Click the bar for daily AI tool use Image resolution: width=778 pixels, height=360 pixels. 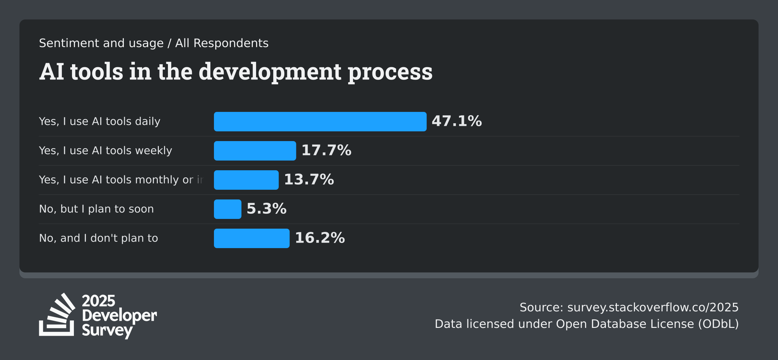pos(320,122)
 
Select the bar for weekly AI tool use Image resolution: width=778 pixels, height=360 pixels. pos(255,151)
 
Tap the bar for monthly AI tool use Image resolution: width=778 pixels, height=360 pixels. pos(246,180)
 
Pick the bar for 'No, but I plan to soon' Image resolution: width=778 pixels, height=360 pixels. pos(228,209)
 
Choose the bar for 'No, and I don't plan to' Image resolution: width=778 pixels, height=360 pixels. pos(252,238)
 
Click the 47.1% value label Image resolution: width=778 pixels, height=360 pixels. pos(456,121)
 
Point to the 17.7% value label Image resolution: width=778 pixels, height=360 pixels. pos(326,150)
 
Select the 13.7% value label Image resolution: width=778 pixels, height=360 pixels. pos(309,180)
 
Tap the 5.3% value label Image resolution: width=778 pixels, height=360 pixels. pos(266,209)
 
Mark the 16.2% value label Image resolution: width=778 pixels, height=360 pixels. pos(320,238)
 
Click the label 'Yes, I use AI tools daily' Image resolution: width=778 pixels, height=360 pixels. pos(100,122)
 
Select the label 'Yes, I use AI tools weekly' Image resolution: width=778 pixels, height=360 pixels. pos(105,151)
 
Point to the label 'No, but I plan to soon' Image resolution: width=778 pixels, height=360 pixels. pos(96,209)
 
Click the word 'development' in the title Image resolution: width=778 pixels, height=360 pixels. pos(270,72)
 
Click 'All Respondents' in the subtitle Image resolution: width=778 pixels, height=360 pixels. pos(222,43)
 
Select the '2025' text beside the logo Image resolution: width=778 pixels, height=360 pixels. pos(99,301)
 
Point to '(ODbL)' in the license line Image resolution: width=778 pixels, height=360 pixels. pos(718,324)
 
